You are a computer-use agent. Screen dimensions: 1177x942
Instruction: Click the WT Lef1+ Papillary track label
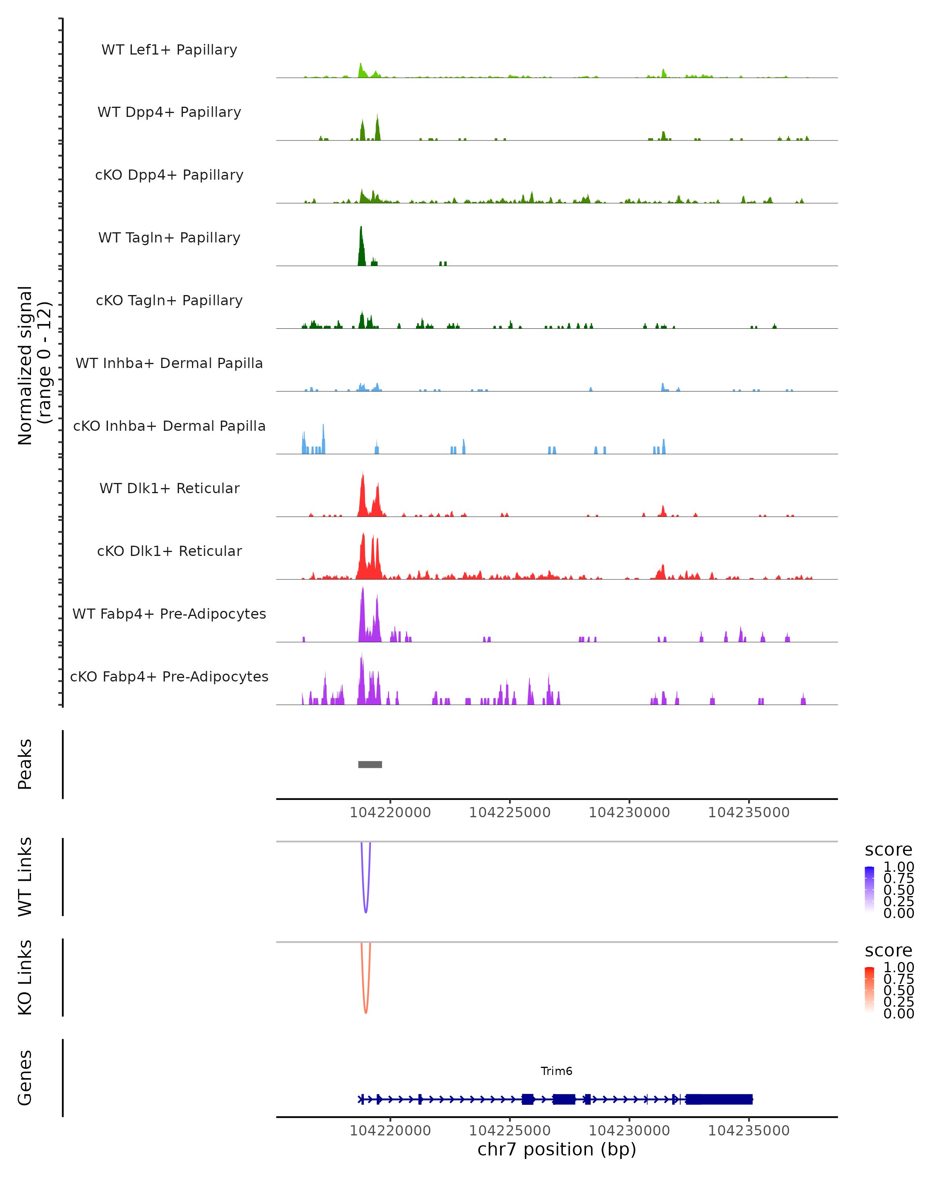point(169,50)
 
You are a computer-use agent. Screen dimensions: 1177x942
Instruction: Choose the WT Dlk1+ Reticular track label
point(169,488)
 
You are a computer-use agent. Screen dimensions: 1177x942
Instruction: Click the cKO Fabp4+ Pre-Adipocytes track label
point(169,676)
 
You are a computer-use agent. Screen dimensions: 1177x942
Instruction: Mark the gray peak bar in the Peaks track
point(370,764)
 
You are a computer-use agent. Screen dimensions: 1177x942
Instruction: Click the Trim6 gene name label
point(557,1071)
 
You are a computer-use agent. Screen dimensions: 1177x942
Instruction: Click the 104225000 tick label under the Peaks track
point(509,813)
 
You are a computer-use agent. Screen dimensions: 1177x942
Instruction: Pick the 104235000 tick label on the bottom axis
point(748,1131)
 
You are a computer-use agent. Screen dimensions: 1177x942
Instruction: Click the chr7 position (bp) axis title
point(557,1150)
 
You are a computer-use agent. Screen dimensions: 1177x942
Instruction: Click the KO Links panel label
point(25,977)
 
